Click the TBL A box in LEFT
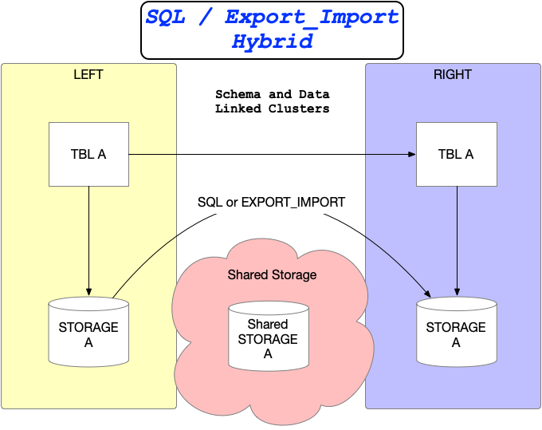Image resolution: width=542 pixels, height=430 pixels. click(89, 154)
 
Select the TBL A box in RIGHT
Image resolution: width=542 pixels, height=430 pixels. click(456, 154)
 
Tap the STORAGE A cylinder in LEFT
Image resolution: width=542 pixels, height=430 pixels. click(88, 334)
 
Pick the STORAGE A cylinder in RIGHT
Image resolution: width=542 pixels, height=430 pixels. click(456, 334)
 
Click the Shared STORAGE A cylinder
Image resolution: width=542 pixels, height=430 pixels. click(268, 339)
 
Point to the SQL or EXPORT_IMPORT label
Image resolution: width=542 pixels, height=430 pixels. click(271, 202)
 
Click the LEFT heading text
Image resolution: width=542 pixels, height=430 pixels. click(88, 75)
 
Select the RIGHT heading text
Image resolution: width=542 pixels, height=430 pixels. click(453, 75)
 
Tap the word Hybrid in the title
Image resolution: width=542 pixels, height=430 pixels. click(272, 41)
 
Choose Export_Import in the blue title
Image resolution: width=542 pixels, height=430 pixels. click(312, 17)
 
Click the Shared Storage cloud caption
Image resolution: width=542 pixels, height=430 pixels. click(272, 275)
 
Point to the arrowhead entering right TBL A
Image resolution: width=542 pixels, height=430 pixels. click(412, 154)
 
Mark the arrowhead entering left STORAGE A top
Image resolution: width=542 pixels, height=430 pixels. click(88, 292)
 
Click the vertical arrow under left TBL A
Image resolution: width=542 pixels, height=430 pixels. click(88, 239)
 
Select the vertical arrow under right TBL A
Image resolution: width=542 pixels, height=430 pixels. click(457, 239)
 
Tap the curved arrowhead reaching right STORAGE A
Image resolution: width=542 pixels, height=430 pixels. click(427, 294)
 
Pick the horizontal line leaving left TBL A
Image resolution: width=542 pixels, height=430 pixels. click(151, 154)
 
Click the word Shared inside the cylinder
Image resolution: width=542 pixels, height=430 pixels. click(268, 325)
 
